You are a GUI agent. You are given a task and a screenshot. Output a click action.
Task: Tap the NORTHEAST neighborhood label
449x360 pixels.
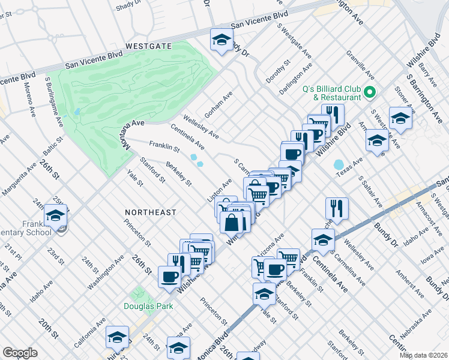151,212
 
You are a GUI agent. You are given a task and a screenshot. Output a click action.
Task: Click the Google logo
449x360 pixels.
20,353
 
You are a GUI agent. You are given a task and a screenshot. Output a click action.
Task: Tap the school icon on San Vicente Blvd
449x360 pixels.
221,40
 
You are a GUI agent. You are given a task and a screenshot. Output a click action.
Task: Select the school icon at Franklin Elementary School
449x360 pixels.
56,215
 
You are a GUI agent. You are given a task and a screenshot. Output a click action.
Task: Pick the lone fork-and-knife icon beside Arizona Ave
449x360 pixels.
337,208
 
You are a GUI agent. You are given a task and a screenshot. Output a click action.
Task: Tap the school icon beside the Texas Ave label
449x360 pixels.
376,141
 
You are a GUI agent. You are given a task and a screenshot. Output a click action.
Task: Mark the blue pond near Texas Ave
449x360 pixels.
339,164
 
